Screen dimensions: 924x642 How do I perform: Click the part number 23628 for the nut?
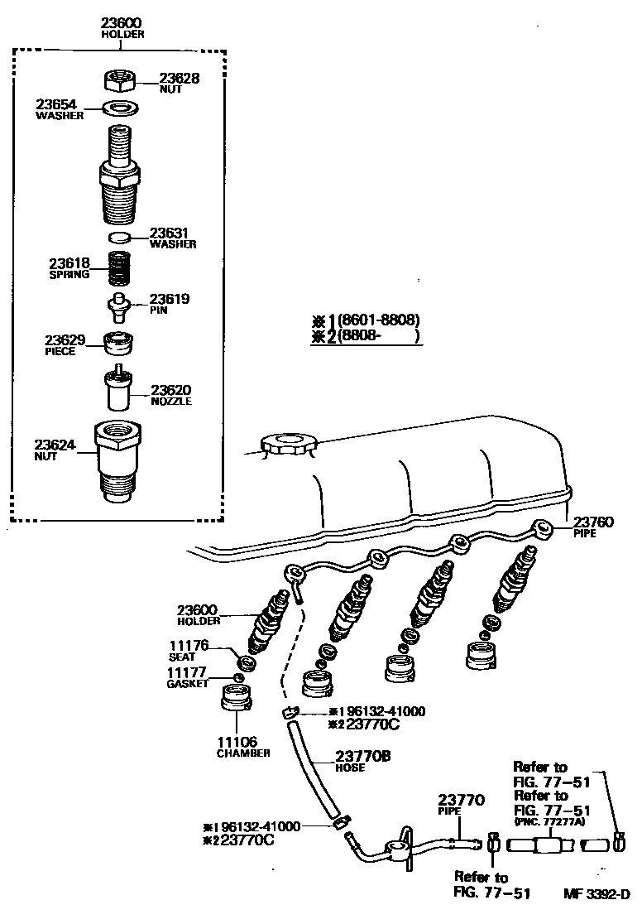179,78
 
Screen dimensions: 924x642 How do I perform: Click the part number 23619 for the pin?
170,299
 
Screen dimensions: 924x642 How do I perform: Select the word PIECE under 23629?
60,352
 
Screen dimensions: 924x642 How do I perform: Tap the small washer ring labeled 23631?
121,238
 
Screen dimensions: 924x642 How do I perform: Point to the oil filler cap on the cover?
286,444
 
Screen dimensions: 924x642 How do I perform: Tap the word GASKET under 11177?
188,684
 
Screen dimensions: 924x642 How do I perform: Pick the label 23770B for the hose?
362,755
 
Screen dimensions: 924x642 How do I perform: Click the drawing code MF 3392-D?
596,893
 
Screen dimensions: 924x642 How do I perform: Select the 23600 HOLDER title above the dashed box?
122,27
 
